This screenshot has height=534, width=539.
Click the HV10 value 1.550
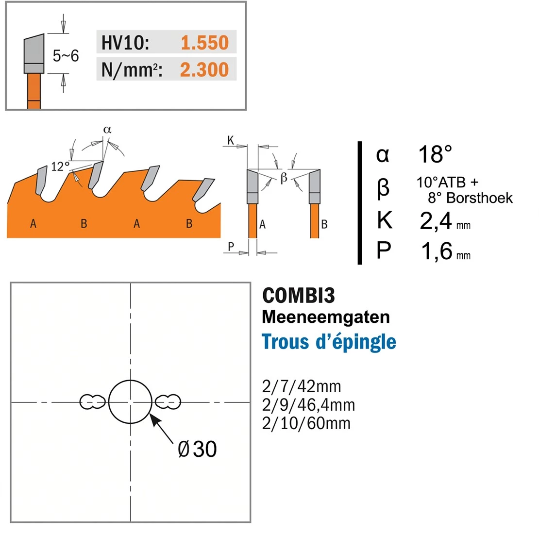[204, 43]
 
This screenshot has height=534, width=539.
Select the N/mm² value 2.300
[204, 69]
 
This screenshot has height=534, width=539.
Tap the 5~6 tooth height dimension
[66, 56]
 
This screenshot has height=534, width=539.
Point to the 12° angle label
[60, 167]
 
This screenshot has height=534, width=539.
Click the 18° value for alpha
[435, 154]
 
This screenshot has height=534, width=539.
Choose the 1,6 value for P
[437, 251]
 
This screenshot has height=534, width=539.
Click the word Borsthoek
[480, 198]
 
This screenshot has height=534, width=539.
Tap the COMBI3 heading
[298, 295]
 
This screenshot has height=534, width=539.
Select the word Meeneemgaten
[326, 317]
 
